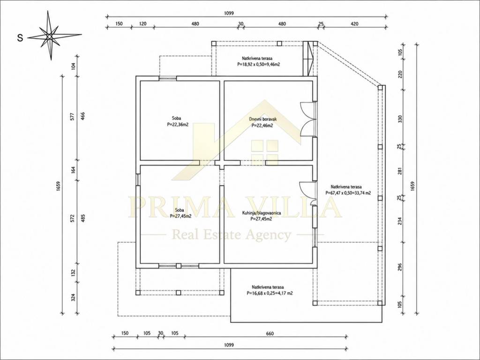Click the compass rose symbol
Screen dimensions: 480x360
click(x=49, y=36)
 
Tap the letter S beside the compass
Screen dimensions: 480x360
click(x=20, y=38)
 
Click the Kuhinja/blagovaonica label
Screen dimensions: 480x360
click(x=262, y=213)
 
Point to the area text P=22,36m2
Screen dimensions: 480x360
click(x=178, y=125)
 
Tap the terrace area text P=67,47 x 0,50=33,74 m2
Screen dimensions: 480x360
click(x=348, y=193)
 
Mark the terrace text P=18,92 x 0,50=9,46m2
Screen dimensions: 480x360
click(x=259, y=64)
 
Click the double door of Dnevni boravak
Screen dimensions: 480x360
click(x=307, y=119)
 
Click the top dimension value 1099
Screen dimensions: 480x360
click(x=229, y=13)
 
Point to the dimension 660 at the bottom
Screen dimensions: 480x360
click(x=270, y=334)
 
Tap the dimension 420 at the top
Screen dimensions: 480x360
click(x=354, y=24)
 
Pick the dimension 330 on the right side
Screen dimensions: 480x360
click(x=399, y=119)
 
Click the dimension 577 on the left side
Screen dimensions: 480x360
click(x=72, y=117)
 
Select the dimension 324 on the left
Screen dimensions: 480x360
click(x=73, y=297)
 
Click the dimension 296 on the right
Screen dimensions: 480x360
click(x=399, y=267)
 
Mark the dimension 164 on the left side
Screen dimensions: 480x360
click(x=73, y=170)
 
